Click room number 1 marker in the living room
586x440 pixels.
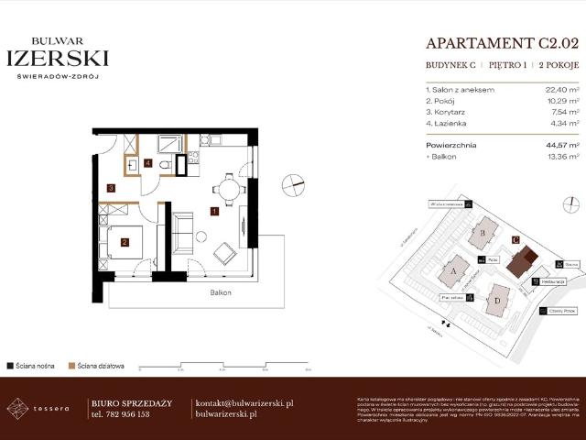coord(213,212)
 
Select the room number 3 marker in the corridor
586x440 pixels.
coord(111,188)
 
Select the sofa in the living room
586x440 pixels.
coord(183,233)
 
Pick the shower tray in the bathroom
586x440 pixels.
coord(170,143)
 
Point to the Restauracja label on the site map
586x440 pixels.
coord(551,282)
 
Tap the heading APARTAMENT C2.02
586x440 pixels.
coord(502,42)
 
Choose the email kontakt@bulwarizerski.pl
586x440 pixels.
coord(244,402)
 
